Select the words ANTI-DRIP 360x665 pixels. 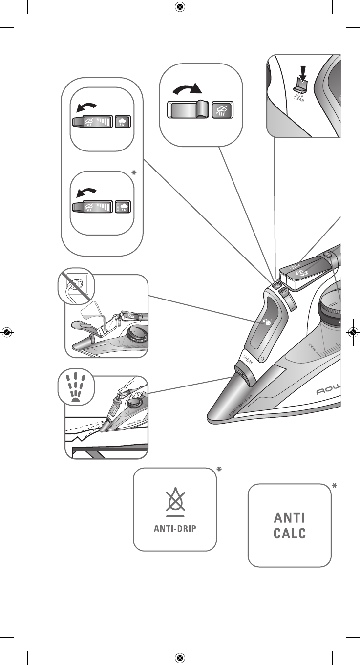(175, 529)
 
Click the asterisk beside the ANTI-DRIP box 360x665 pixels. (219, 470)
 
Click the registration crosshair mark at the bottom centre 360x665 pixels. (180, 658)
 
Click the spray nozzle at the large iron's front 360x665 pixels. (239, 379)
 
